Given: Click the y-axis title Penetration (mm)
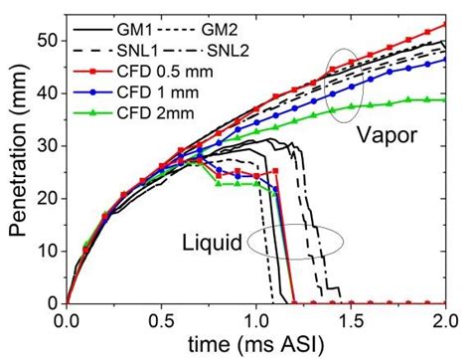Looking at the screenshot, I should tap(18, 161).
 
